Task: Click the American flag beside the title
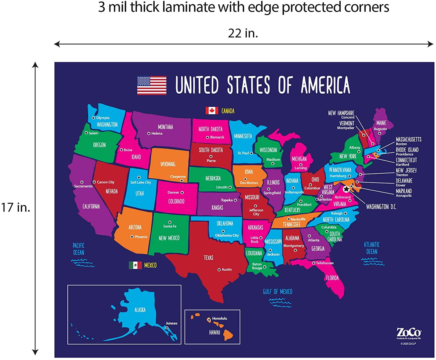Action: [152, 85]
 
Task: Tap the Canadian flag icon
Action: [212, 111]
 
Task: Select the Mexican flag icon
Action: [135, 265]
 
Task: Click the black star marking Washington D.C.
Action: [346, 189]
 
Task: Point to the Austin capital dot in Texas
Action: [219, 270]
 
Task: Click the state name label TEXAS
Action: [208, 258]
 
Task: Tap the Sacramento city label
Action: [83, 186]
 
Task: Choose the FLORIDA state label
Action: [332, 278]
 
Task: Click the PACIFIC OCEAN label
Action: [78, 249]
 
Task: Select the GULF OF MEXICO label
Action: [278, 291]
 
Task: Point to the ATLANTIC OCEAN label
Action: [372, 248]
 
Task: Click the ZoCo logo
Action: [409, 332]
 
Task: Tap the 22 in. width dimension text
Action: [243, 33]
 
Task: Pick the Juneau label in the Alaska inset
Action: [171, 323]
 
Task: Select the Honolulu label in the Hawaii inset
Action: [219, 318]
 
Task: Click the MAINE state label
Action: [381, 123]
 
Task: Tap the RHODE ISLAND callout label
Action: [407, 150]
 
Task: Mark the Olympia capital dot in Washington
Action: [93, 118]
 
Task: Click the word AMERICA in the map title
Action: [325, 85]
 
